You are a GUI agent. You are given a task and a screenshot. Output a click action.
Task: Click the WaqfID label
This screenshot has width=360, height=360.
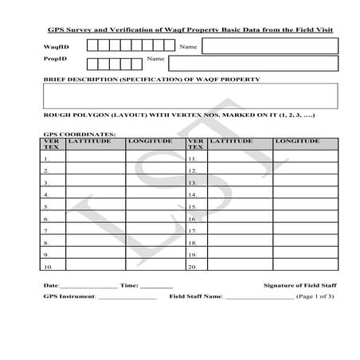coord(53,47)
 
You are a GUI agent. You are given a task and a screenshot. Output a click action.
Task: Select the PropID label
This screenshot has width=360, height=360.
coord(53,60)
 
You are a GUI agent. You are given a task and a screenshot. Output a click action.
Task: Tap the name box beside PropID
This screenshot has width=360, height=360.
coord(252,64)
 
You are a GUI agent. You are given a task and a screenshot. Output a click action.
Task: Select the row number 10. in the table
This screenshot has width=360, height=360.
coord(48,266)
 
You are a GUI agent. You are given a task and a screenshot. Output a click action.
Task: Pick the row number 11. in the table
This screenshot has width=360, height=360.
coord(192,158)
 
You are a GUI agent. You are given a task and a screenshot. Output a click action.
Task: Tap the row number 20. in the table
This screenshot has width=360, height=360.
coord(192,266)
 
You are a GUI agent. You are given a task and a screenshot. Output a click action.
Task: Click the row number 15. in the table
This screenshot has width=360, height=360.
coord(192,206)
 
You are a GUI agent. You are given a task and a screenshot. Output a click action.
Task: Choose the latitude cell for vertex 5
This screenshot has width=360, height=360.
coord(96,205)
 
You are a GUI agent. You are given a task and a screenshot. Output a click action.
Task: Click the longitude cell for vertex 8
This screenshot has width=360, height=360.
coord(155,241)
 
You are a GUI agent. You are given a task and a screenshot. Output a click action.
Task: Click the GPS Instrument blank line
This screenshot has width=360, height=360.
coord(127,297)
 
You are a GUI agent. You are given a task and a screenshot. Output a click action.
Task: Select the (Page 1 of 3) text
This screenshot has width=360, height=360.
coord(315,295)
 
